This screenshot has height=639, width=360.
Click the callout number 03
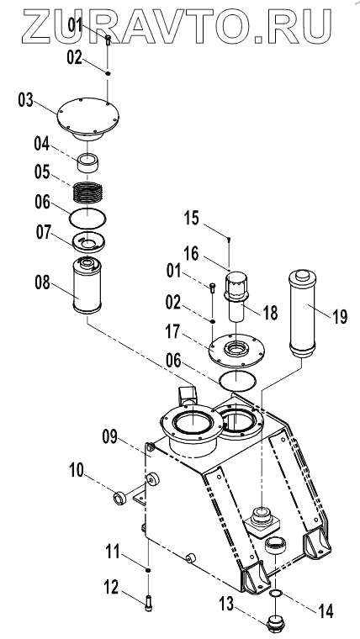pyautogui.click(x=25, y=100)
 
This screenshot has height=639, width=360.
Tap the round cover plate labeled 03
pyautogui.click(x=85, y=119)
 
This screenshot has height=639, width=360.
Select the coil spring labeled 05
pyautogui.click(x=87, y=193)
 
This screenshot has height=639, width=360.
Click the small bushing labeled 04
pyautogui.click(x=88, y=163)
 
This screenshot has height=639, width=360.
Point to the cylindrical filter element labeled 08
pyautogui.click(x=87, y=286)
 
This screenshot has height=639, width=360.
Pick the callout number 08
pyautogui.click(x=42, y=283)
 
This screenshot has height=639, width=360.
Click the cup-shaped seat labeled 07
pyautogui.click(x=88, y=243)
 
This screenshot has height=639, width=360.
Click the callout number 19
pyautogui.click(x=339, y=317)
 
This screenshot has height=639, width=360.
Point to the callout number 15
pyautogui.click(x=191, y=219)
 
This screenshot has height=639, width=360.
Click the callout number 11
pyautogui.click(x=112, y=552)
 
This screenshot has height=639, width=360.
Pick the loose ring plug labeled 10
pyautogui.click(x=119, y=499)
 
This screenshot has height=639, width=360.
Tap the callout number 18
pyautogui.click(x=269, y=313)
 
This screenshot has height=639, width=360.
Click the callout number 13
pyautogui.click(x=226, y=605)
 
